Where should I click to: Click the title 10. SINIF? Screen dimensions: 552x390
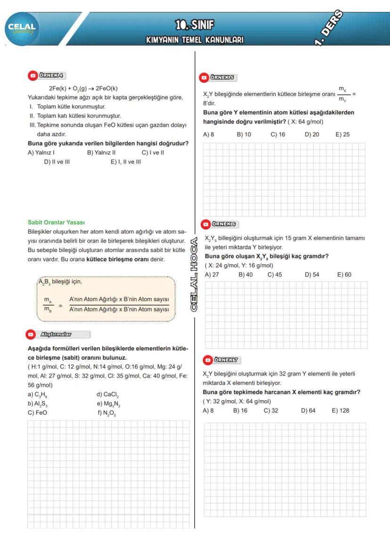(195, 25)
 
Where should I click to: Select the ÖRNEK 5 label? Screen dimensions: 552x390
(222, 77)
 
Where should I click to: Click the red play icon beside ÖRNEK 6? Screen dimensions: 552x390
(206, 224)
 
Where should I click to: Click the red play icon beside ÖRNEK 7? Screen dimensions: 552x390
(208, 360)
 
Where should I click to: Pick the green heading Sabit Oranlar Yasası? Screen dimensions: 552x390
(56, 222)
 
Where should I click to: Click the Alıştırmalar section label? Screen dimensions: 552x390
(56, 334)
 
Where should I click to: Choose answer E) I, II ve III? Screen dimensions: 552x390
(126, 162)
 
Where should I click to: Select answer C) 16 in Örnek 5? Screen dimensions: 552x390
(278, 134)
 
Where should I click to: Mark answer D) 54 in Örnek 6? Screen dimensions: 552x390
(312, 275)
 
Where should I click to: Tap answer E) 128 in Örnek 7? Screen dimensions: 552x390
(341, 411)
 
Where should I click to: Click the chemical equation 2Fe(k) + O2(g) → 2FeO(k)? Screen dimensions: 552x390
(83, 88)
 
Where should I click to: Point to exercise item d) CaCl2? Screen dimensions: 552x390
(107, 395)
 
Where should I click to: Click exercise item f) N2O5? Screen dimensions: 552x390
(106, 413)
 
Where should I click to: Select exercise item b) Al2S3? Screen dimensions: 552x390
(38, 404)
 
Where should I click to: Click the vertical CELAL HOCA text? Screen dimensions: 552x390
(194, 274)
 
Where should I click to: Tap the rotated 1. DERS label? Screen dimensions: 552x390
(329, 28)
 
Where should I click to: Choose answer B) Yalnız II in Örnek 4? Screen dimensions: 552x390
(101, 153)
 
